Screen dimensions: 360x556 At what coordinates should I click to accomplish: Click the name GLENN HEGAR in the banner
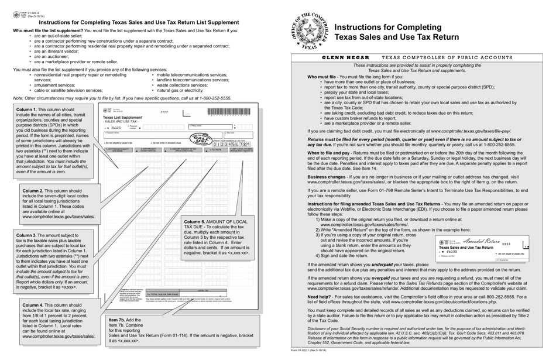point(346,58)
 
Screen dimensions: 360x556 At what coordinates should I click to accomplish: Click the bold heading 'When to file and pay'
point(331,152)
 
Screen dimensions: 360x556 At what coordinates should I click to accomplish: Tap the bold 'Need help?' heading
point(321,296)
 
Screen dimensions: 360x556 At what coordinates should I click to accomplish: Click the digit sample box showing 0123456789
point(234,144)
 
